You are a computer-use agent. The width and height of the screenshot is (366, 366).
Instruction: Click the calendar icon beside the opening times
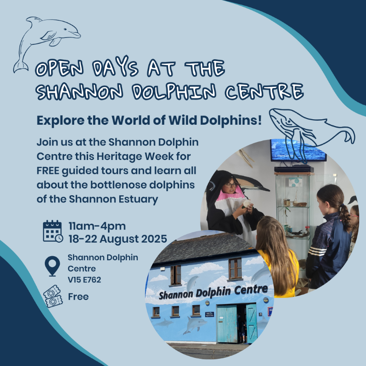pyautogui.click(x=52, y=231)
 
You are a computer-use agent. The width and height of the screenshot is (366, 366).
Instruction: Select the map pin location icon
pyautogui.click(x=53, y=266)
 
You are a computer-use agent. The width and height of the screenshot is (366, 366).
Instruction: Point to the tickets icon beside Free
pyautogui.click(x=53, y=296)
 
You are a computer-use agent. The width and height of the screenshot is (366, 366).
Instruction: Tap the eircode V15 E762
pyautogui.click(x=84, y=280)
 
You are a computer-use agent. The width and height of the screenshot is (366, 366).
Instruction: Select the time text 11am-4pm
pyautogui.click(x=97, y=226)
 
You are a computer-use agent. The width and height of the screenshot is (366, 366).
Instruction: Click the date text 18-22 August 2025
pyautogui.click(x=117, y=238)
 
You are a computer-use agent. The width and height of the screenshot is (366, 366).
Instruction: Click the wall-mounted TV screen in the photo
pyautogui.click(x=298, y=150)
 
